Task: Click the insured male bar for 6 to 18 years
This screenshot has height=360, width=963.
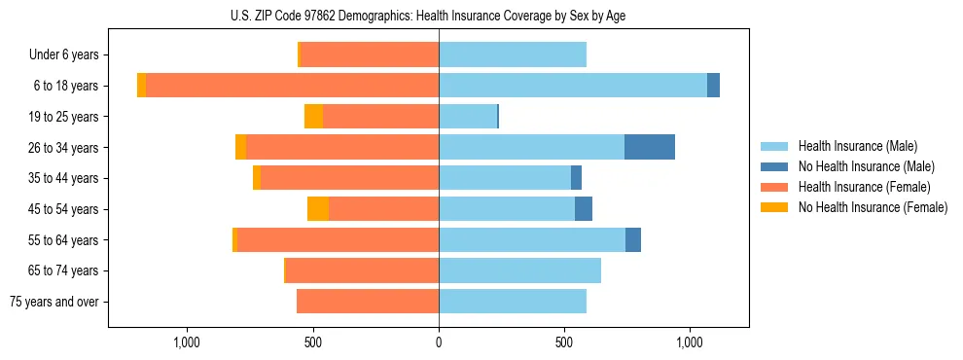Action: (573, 86)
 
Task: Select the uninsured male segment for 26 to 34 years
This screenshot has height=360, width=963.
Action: (650, 147)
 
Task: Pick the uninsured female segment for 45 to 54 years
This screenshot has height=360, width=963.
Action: (318, 209)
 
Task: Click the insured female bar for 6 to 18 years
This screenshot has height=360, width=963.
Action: (292, 86)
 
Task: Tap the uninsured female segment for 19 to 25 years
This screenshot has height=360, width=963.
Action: (313, 117)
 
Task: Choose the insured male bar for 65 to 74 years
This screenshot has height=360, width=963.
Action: (519, 270)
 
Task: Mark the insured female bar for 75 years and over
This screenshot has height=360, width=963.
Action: (368, 302)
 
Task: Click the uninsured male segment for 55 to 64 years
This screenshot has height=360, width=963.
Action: (633, 239)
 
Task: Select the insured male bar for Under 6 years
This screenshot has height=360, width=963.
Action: (513, 55)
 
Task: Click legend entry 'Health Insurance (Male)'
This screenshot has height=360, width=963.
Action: (857, 146)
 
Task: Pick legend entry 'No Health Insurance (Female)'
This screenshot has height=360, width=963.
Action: (873, 207)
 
